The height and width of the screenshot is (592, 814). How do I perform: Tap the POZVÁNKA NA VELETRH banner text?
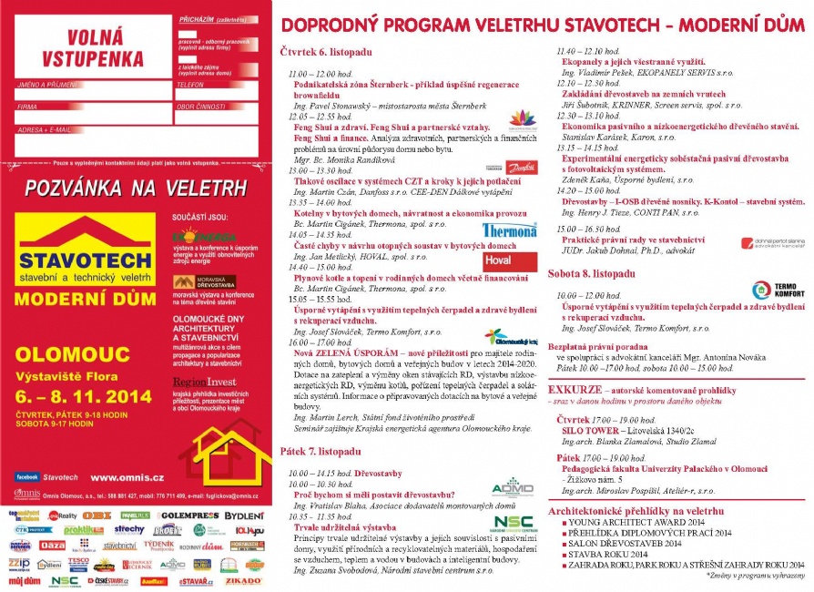(x=137, y=189)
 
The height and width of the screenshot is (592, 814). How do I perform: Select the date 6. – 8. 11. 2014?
(x=76, y=397)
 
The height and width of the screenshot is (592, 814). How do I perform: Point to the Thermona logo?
(x=509, y=230)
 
